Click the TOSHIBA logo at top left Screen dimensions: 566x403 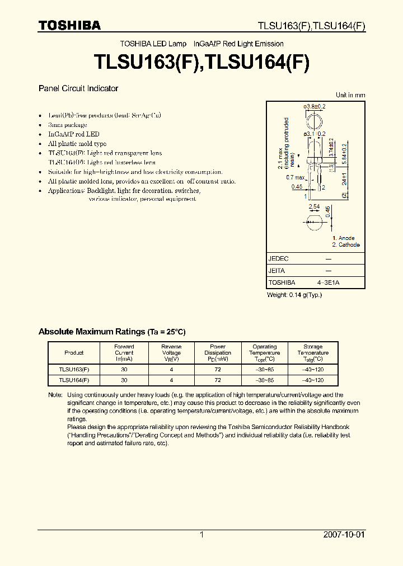(x=69, y=25)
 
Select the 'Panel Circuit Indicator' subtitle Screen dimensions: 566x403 (x=78, y=88)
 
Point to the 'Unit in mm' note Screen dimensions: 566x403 (x=350, y=95)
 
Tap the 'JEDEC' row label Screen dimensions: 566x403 (x=278, y=258)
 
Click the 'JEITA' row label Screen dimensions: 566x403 (x=277, y=271)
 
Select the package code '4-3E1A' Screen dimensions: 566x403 (x=328, y=282)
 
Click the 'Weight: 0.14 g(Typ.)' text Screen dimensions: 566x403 (x=294, y=295)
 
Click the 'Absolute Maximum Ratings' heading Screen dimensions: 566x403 (x=112, y=332)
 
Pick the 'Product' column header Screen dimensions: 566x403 (x=74, y=353)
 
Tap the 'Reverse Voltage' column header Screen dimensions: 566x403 (x=171, y=353)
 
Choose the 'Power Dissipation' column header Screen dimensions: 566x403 (x=218, y=353)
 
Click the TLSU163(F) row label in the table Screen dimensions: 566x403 (x=74, y=370)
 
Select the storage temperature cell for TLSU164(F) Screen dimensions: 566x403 (x=313, y=380)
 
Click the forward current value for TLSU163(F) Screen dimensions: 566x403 (x=124, y=370)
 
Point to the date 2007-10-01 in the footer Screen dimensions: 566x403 (x=344, y=535)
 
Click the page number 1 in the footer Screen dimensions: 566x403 (x=201, y=535)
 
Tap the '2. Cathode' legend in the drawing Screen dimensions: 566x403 (x=346, y=245)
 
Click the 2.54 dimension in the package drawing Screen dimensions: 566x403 (x=315, y=206)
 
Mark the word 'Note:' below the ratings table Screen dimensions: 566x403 (x=55, y=395)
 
